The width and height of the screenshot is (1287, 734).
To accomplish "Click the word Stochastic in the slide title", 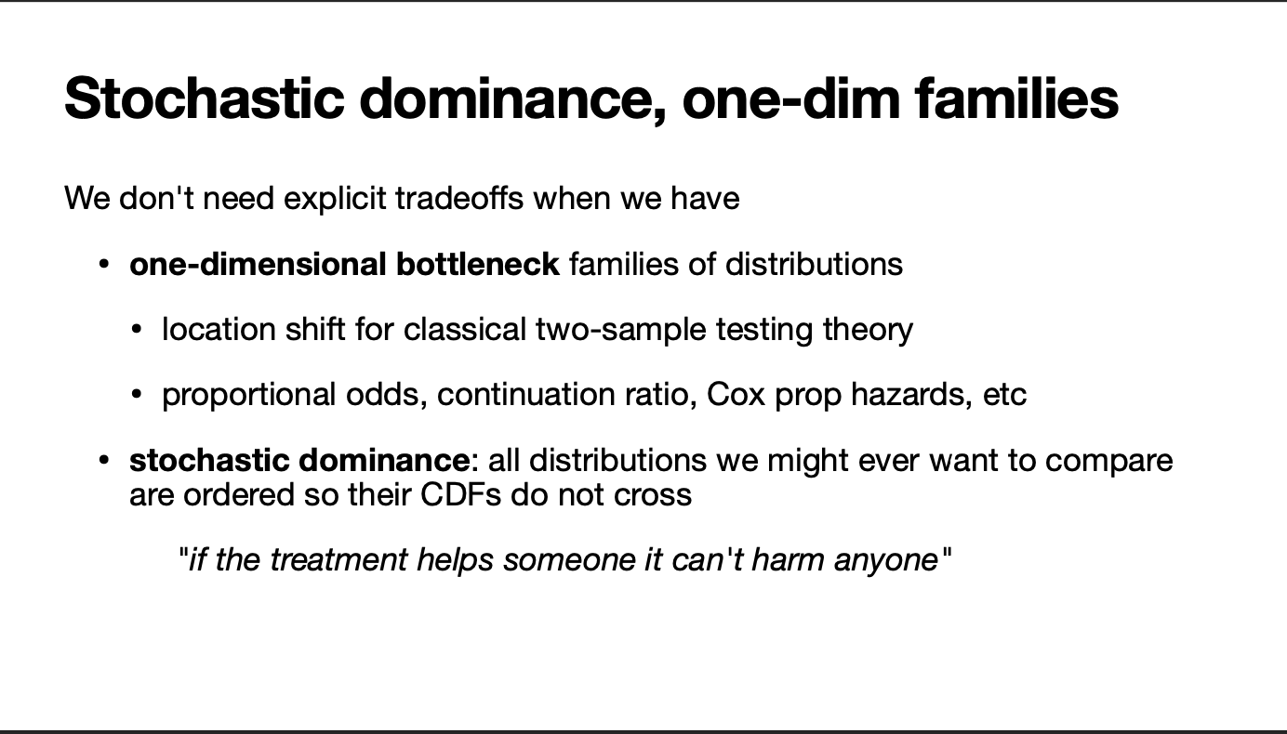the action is click(x=205, y=98).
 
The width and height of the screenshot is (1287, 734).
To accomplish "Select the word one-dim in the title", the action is click(x=790, y=98).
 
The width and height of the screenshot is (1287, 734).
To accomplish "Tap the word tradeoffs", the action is click(x=459, y=199).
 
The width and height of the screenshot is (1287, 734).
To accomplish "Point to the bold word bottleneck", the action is click(x=477, y=265).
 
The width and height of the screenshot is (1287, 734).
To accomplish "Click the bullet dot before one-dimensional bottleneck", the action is click(x=104, y=265).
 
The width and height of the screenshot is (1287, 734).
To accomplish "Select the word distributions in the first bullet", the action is click(x=814, y=265).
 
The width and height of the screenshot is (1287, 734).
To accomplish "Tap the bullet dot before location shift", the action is click(x=136, y=330).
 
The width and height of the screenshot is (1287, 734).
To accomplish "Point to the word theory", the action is click(x=868, y=331).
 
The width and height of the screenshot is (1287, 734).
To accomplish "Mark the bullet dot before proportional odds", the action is click(x=136, y=395).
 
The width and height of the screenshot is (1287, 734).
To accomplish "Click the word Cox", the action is click(x=736, y=395).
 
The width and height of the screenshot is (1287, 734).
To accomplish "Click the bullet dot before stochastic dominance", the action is click(x=104, y=460).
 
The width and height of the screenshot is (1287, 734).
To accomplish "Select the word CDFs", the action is click(x=461, y=494).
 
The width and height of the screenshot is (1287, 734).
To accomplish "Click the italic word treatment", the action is click(x=338, y=559).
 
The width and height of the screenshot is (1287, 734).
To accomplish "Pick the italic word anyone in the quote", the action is click(x=886, y=560).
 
